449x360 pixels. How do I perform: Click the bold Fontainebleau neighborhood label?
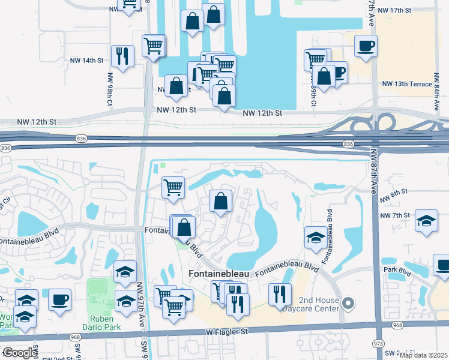click(218, 273)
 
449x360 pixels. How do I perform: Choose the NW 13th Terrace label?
click(407, 83)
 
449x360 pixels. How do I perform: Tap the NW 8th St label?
click(394, 191)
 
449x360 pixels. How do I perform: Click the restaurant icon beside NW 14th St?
click(123, 56)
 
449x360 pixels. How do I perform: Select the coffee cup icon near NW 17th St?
click(366, 45)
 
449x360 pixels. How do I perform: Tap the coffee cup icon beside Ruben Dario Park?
click(59, 299)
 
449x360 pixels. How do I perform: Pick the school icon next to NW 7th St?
click(427, 221)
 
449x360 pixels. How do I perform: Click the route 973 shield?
click(378, 343)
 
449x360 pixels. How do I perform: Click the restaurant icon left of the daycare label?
click(279, 294)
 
